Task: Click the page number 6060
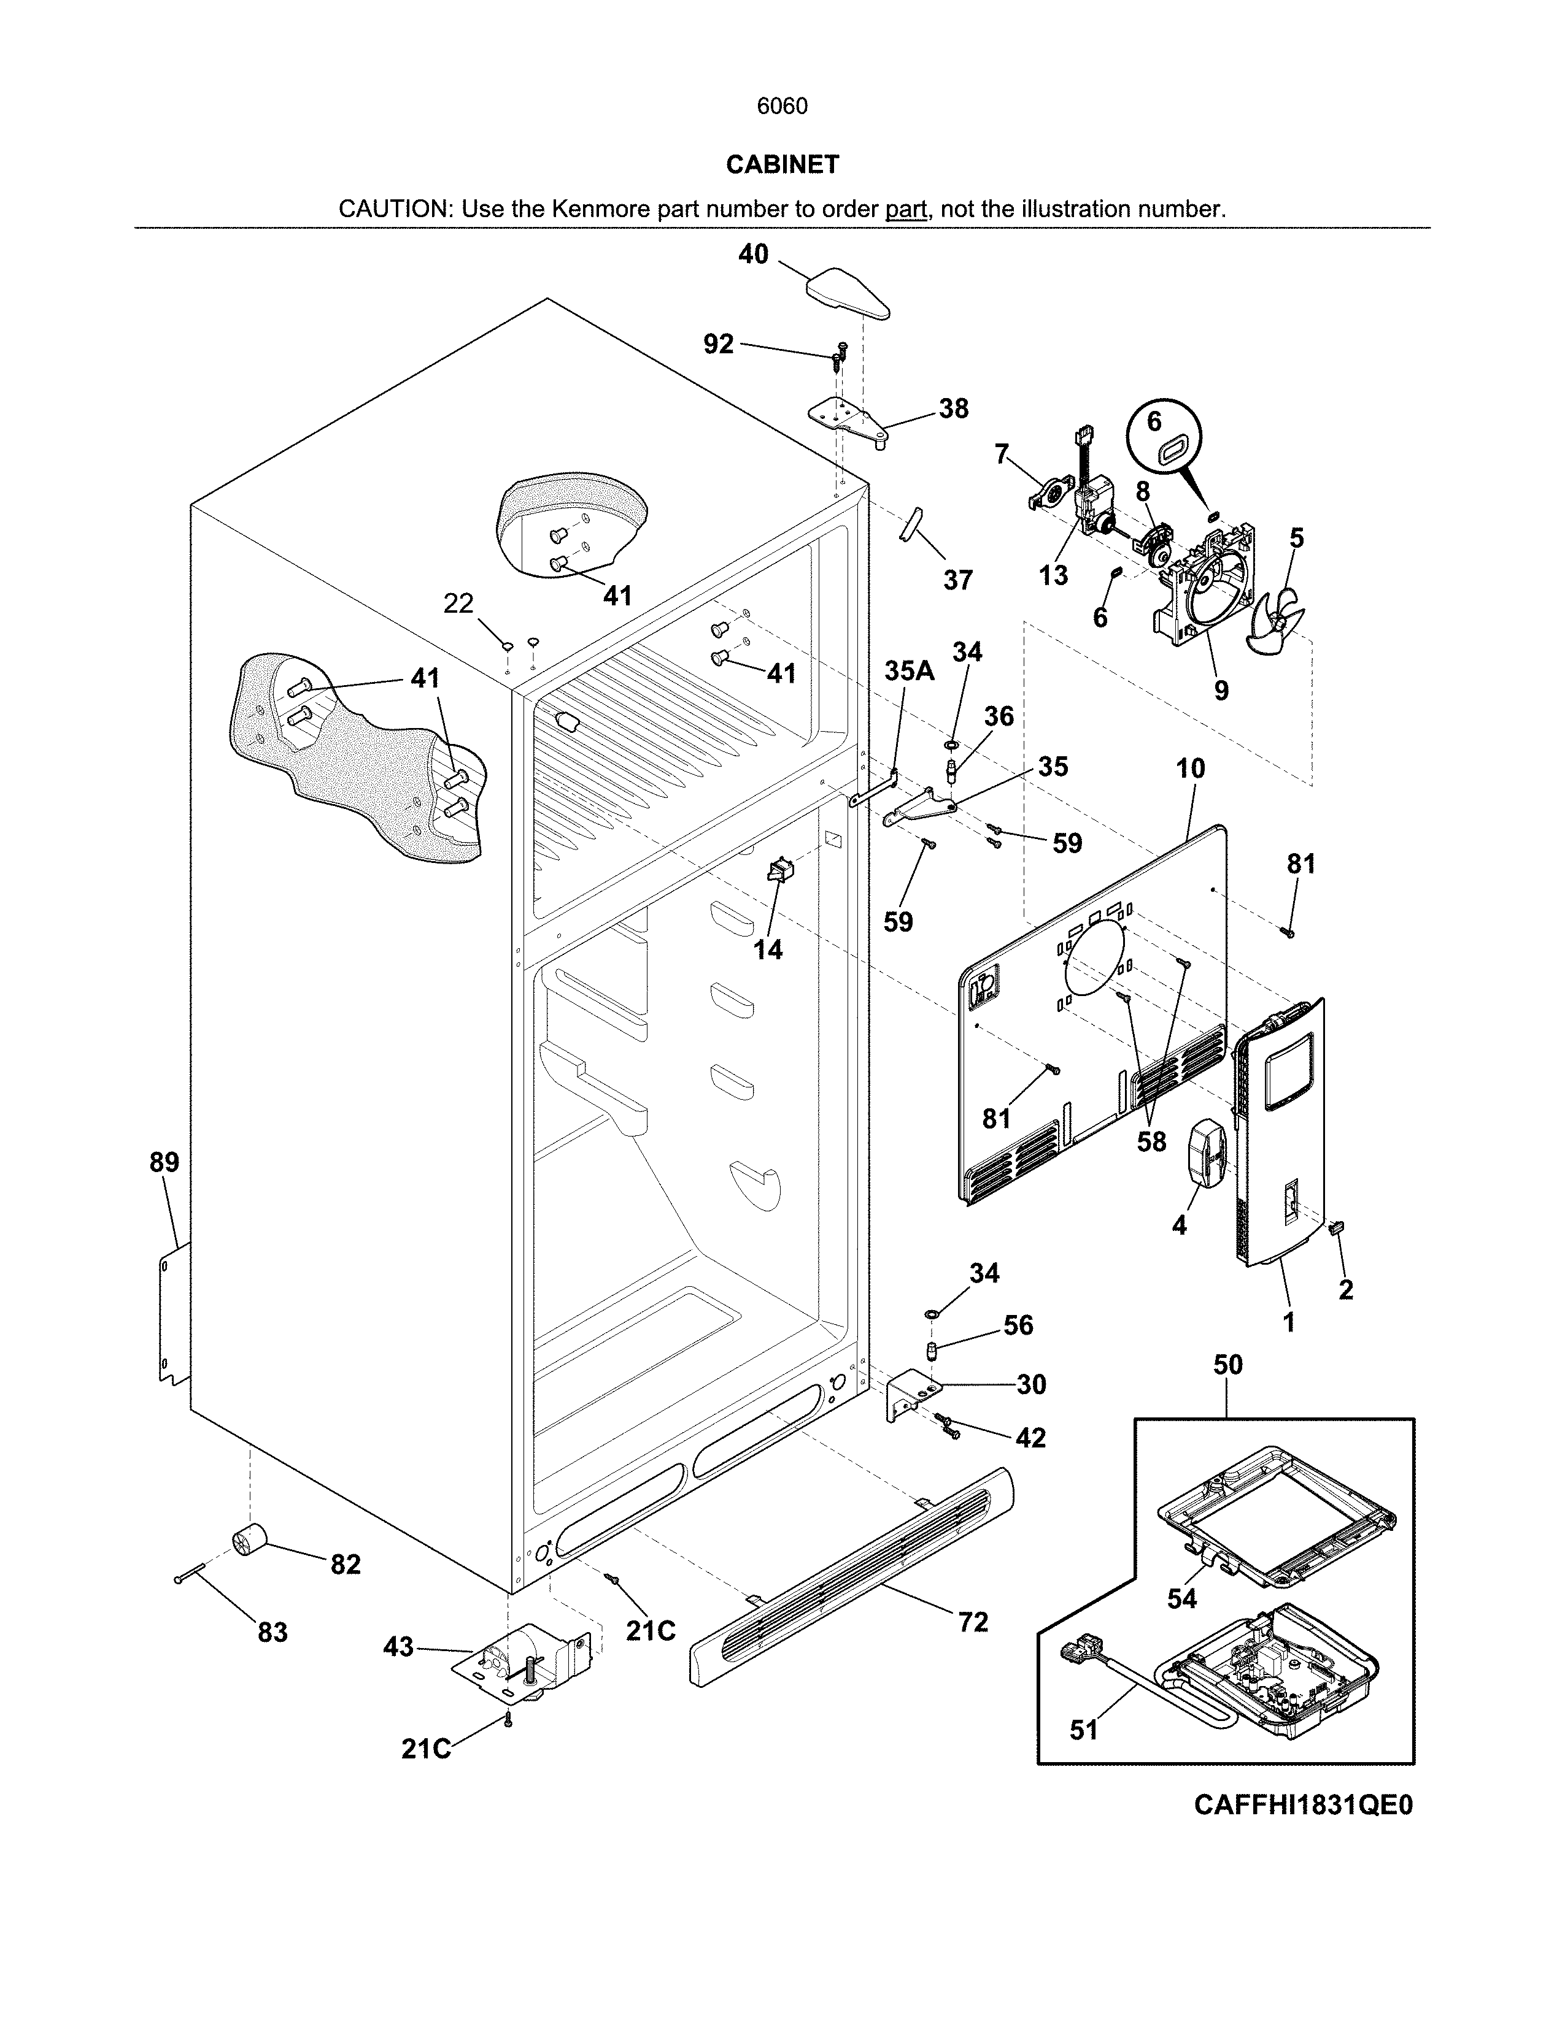781,107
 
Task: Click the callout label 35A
908,671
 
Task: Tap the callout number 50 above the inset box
1227,1365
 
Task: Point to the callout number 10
1191,769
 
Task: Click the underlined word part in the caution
906,209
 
